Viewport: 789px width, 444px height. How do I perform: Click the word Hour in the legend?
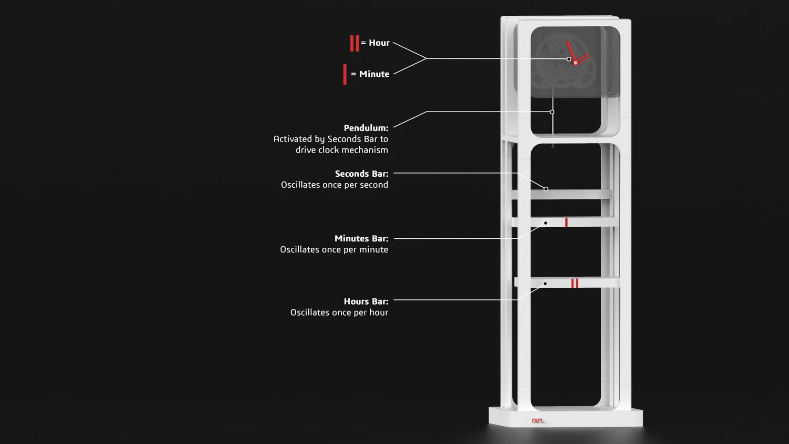click(379, 43)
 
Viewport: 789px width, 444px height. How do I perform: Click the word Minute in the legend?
click(374, 74)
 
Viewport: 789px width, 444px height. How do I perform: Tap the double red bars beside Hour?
click(355, 43)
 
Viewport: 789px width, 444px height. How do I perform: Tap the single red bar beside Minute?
click(345, 74)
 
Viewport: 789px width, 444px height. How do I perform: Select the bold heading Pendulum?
click(366, 128)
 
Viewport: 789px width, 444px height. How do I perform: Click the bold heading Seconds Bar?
click(361, 174)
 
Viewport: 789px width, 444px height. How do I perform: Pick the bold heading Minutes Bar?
click(361, 238)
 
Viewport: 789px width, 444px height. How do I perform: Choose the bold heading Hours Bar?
click(366, 301)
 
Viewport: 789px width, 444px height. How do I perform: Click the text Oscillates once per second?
click(335, 185)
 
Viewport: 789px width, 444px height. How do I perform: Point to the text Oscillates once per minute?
click(334, 249)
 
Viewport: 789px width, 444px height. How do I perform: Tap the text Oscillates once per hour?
click(339, 312)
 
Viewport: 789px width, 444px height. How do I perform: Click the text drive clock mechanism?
click(342, 150)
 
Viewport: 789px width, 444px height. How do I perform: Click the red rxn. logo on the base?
click(538, 420)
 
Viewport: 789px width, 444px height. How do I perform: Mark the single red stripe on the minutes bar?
click(566, 223)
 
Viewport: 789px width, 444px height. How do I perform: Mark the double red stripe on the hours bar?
click(575, 284)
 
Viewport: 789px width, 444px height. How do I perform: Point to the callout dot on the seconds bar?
click(546, 189)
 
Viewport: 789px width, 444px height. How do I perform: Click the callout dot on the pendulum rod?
click(552, 112)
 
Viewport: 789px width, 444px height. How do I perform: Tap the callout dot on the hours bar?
click(545, 284)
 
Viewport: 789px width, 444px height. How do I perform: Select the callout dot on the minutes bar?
click(545, 223)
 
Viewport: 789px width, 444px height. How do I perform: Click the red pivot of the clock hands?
click(575, 63)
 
